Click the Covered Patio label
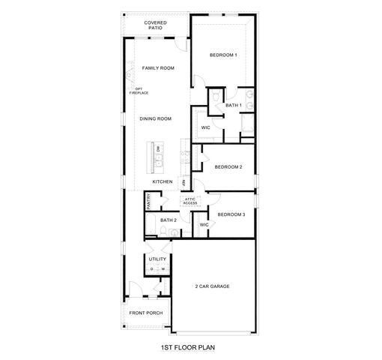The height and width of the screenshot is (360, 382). point(156,25)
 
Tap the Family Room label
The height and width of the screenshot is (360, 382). point(158,68)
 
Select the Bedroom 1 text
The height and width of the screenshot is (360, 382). point(222,55)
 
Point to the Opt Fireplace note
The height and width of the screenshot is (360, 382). point(138,91)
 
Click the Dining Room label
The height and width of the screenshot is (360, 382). point(156,118)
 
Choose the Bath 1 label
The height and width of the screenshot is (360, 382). point(233,106)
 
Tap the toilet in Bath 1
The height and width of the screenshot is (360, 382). point(215,98)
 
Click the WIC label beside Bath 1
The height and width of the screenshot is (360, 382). point(204,127)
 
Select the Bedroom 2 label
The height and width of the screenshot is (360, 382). point(228,166)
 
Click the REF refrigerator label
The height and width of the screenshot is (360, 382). point(183,181)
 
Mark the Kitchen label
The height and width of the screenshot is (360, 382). point(163,181)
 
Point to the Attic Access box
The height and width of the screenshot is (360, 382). point(190,201)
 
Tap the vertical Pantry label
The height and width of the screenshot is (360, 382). point(149,200)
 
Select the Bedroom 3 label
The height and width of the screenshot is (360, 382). point(231,214)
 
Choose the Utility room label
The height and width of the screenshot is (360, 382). point(157,259)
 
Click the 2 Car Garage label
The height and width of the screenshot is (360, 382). point(212,286)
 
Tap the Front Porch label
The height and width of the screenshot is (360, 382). point(145,312)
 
